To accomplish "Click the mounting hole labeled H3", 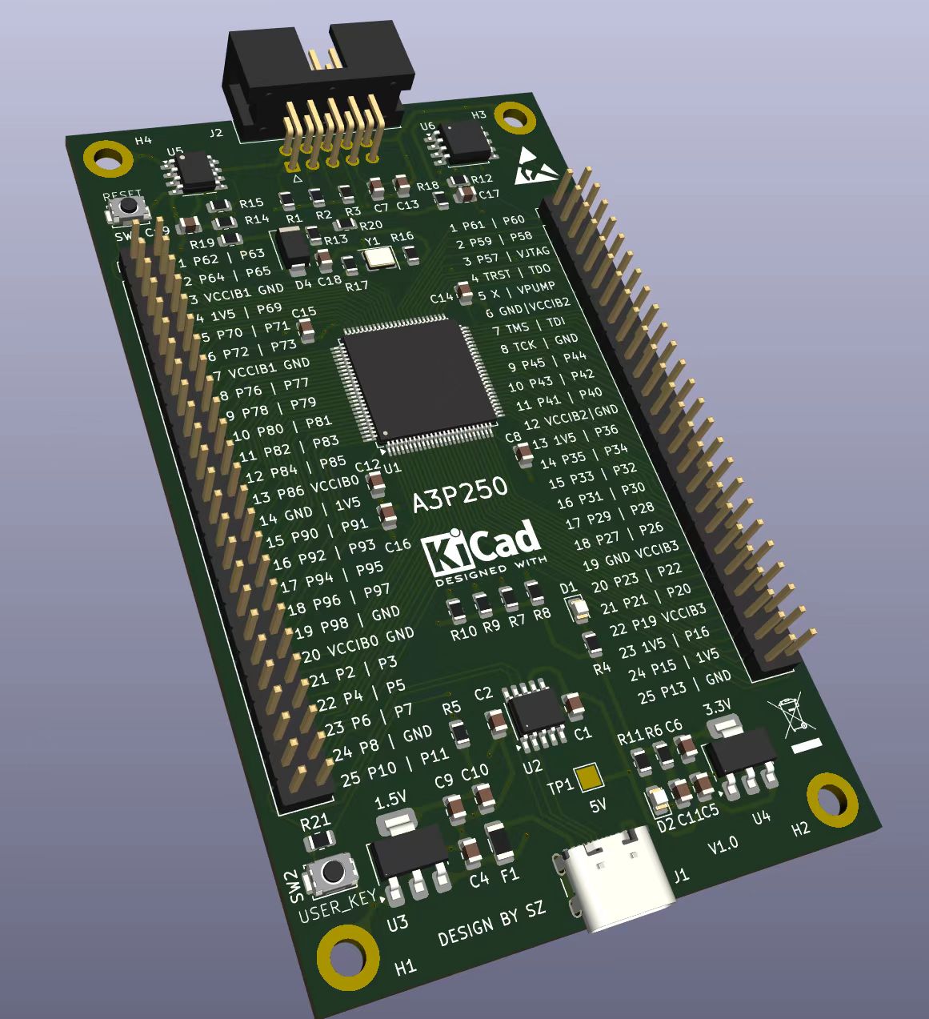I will point(515,118).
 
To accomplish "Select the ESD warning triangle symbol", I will point(532,166).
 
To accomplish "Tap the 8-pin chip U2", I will point(535,711).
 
